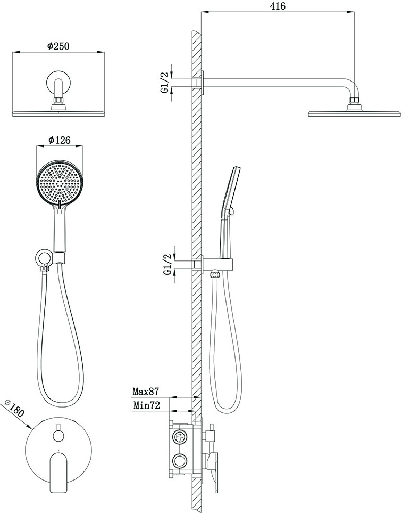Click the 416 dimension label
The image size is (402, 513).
click(278, 6)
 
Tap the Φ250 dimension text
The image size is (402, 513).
click(58, 46)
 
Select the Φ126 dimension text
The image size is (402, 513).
click(59, 140)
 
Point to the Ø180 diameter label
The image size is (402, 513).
click(14, 408)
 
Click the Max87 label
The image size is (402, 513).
click(146, 391)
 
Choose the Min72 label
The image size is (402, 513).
click(147, 406)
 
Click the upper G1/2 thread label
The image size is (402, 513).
click(165, 83)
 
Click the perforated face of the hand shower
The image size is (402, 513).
click(59, 183)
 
